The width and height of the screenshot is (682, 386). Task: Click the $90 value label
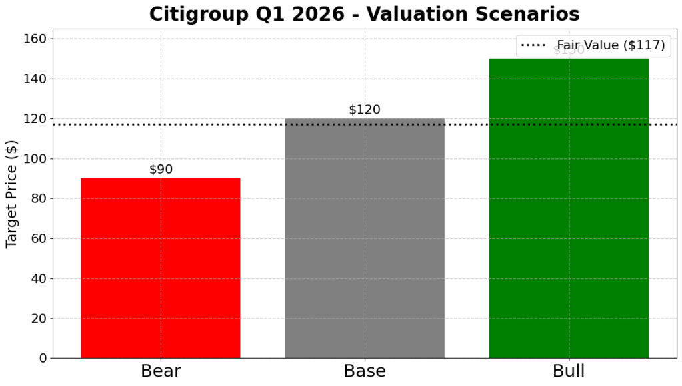[x=161, y=170]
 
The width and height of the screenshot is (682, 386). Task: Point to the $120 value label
[x=365, y=110]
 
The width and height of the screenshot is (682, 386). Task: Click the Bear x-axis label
[x=161, y=371]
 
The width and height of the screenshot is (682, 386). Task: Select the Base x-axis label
[x=365, y=371]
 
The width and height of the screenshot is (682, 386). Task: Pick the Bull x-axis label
[x=569, y=371]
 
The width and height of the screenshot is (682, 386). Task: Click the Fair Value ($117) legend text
[x=611, y=46]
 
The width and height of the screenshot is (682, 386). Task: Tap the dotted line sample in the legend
[x=533, y=46]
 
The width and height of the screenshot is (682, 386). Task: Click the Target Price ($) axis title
[x=11, y=194]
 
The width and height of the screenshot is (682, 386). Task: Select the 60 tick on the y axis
[x=38, y=239]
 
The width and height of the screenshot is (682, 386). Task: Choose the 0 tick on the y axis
[x=41, y=359]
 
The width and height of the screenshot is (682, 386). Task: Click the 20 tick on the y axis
[x=38, y=319]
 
